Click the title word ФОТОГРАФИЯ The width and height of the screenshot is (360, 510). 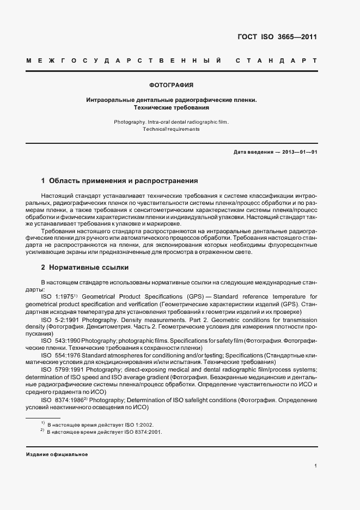[172, 86]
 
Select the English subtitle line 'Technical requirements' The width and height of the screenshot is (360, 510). [171, 129]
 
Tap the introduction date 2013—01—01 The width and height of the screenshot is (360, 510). [299, 152]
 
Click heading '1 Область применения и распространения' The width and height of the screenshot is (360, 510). [119, 180]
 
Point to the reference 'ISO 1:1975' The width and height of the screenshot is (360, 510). [57, 296]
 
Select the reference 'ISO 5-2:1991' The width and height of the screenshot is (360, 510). [60, 320]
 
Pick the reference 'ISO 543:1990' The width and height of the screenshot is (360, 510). [60, 339]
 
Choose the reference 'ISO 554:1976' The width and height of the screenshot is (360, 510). [60, 355]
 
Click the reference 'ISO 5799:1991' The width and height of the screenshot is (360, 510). [61, 370]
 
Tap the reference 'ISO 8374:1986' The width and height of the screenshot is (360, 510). [61, 400]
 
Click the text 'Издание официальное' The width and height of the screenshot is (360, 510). [57, 454]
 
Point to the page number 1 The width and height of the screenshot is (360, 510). [315, 466]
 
